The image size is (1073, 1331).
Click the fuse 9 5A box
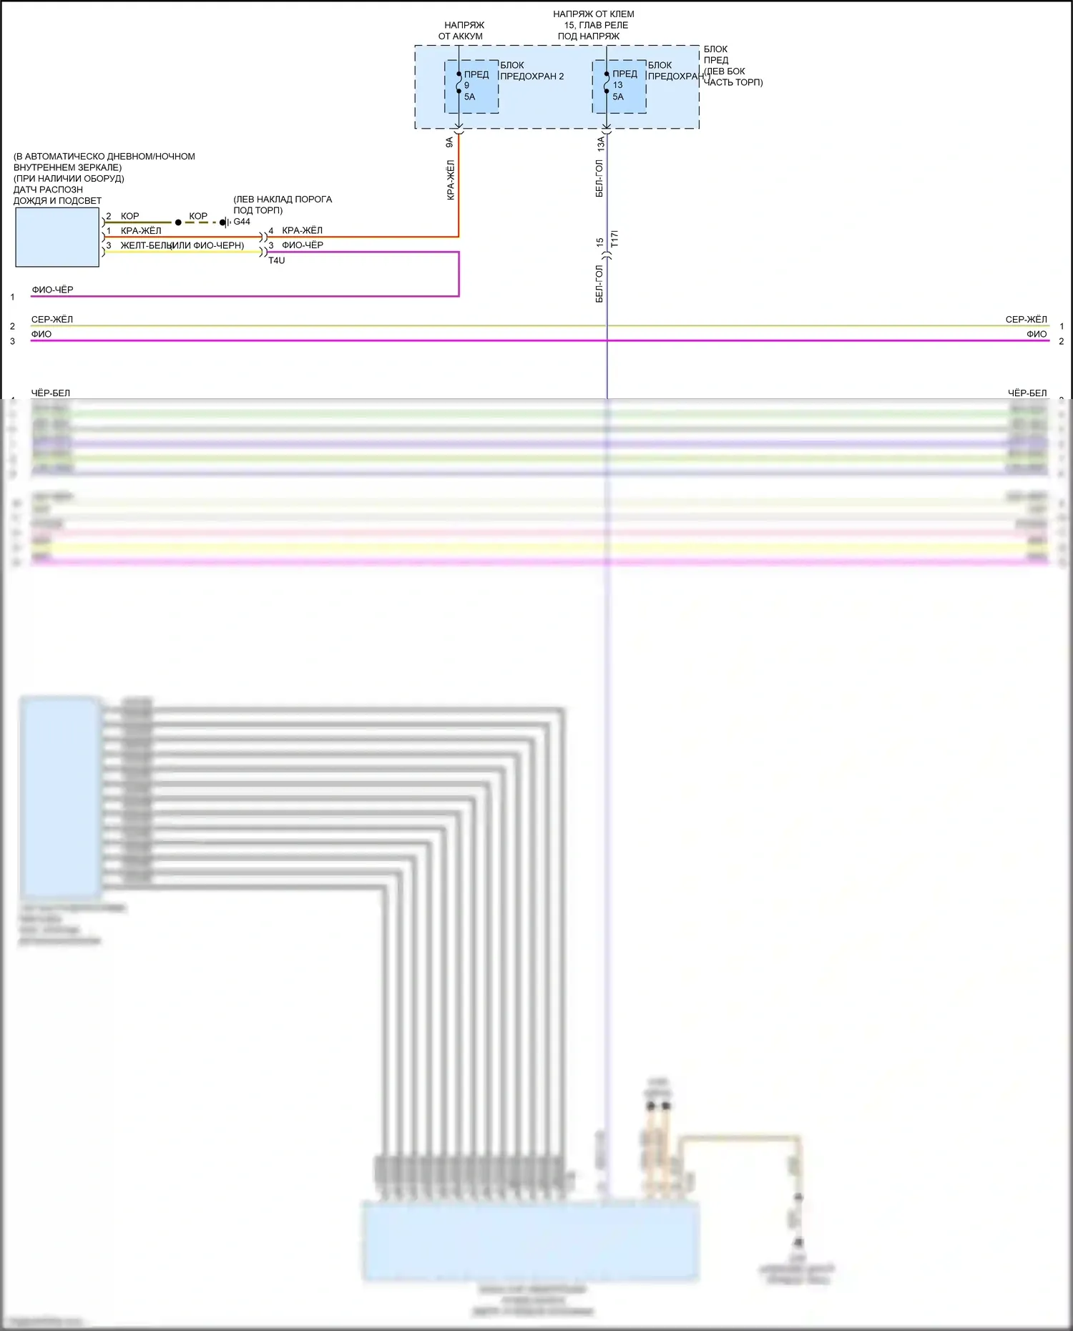pyautogui.click(x=471, y=87)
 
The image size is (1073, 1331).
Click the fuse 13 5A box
pyautogui.click(x=619, y=87)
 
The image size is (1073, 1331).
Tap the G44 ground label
pyautogui.click(x=242, y=222)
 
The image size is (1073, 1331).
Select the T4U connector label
pyautogui.click(x=276, y=260)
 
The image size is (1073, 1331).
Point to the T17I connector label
pyautogui.click(x=614, y=240)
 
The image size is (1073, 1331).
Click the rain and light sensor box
pyautogui.click(x=57, y=237)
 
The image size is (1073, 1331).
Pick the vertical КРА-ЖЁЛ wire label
pyautogui.click(x=451, y=180)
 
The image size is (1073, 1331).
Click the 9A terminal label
pyautogui.click(x=449, y=142)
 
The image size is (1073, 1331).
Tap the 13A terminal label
pyautogui.click(x=600, y=143)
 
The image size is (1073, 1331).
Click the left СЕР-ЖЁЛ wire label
pyautogui.click(x=52, y=319)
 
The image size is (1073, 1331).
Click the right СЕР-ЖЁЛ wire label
pyautogui.click(x=1026, y=319)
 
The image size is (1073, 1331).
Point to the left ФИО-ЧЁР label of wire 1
pyautogui.click(x=52, y=290)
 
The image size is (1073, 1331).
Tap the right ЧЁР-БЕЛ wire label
pyautogui.click(x=1027, y=393)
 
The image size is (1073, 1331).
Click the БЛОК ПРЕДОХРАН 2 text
pyautogui.click(x=531, y=71)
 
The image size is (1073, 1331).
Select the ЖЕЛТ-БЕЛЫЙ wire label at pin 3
pyautogui.click(x=147, y=245)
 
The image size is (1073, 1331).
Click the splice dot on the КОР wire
pyautogui.click(x=178, y=222)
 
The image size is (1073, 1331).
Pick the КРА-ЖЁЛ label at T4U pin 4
pyautogui.click(x=302, y=230)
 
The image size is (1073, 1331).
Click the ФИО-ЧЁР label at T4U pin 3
pyautogui.click(x=302, y=245)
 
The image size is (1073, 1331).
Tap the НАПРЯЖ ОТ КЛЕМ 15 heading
pyautogui.click(x=593, y=24)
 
